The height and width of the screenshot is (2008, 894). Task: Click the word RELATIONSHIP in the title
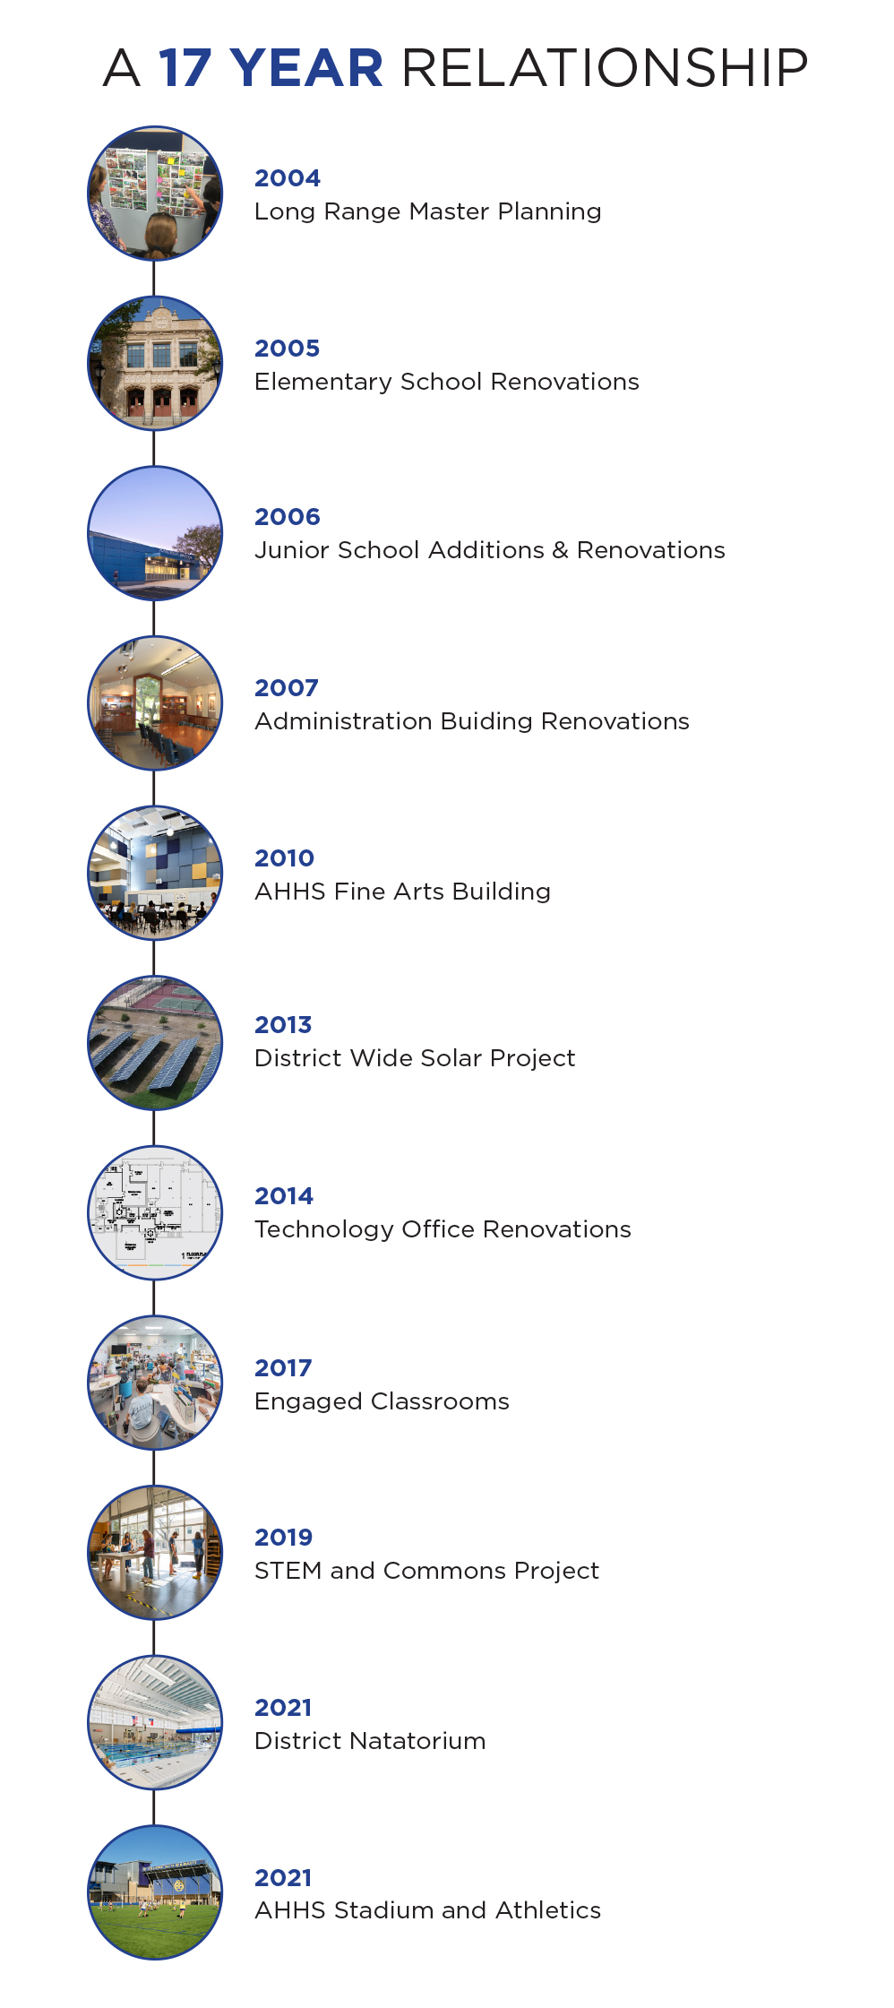[x=605, y=68]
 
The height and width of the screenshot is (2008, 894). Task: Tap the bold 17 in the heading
[x=185, y=68]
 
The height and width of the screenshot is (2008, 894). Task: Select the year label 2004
[x=287, y=178]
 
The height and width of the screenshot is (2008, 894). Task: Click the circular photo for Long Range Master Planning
[x=155, y=193]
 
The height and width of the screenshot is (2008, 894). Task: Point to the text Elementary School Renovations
[x=446, y=382]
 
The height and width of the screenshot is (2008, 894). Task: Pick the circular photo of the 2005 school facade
[x=155, y=363]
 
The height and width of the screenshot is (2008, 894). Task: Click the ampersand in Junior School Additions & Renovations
[x=560, y=550]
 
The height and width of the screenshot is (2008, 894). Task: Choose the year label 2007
[x=287, y=688]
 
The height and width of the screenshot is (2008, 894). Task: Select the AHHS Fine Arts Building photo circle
[x=155, y=873]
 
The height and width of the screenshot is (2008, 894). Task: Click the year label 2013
[x=283, y=1025]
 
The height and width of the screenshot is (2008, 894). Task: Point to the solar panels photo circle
[x=155, y=1043]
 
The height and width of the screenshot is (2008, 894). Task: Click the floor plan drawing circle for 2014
[x=155, y=1212]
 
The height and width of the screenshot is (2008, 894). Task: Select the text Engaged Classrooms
[x=382, y=1401]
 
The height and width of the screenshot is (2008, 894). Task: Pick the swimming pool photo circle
[x=155, y=1722]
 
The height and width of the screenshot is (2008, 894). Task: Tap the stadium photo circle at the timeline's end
[x=155, y=1892]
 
